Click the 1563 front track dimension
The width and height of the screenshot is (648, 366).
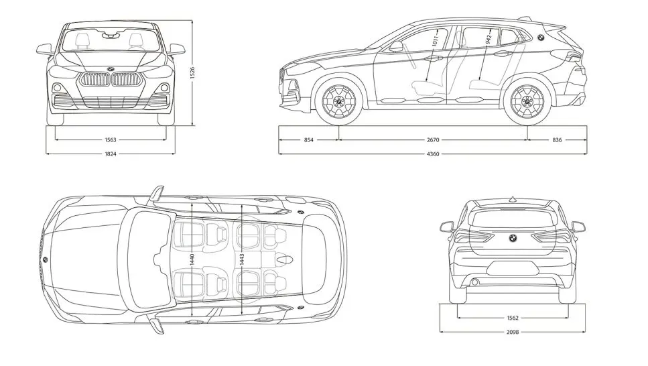tap(111, 140)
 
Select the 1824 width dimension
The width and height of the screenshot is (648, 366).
tap(111, 154)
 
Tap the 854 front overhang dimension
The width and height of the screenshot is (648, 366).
tap(308, 140)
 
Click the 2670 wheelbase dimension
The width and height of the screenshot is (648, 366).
tap(433, 140)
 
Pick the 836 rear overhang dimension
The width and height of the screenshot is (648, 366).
tap(558, 140)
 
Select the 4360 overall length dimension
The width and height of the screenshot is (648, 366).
tap(433, 154)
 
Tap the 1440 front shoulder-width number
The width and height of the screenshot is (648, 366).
tap(193, 259)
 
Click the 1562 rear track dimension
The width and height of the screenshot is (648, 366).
tap(512, 317)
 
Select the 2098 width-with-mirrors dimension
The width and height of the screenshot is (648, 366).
tap(512, 331)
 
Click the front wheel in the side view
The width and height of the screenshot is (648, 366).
tap(338, 103)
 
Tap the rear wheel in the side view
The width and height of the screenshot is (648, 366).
tap(527, 103)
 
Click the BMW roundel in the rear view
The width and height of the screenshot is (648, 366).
tap(511, 237)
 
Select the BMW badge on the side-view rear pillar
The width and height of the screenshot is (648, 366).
tap(540, 38)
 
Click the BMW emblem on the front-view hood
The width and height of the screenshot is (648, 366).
tap(111, 68)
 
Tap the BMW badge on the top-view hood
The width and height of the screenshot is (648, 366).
tap(45, 259)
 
